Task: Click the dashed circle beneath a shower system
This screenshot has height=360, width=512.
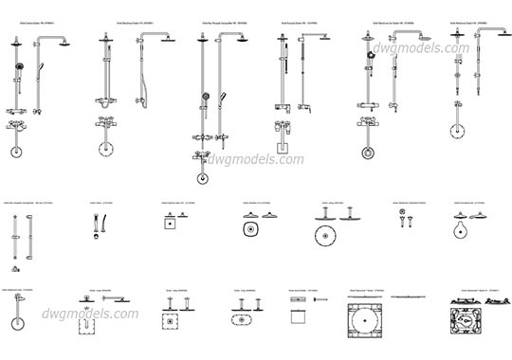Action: click(x=103, y=150)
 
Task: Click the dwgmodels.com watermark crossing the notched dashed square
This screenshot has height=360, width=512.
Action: click(x=92, y=314)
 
